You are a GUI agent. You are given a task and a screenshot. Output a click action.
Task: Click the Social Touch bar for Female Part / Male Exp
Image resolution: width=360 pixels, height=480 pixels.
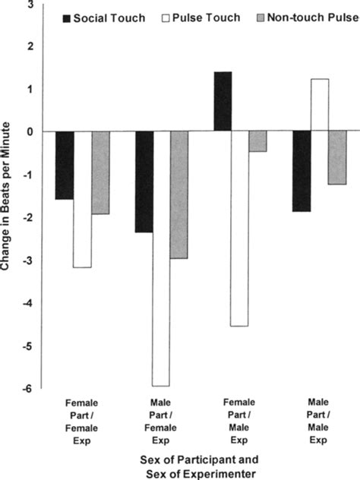coord(223,101)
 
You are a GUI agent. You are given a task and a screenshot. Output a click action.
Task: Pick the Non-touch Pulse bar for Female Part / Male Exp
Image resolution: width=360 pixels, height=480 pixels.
coord(258,141)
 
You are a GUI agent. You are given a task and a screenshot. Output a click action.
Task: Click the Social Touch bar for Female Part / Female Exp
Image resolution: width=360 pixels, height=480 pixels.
coord(65,165)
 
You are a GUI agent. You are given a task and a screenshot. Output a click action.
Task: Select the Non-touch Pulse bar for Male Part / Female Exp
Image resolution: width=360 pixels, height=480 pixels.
coord(179,194)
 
